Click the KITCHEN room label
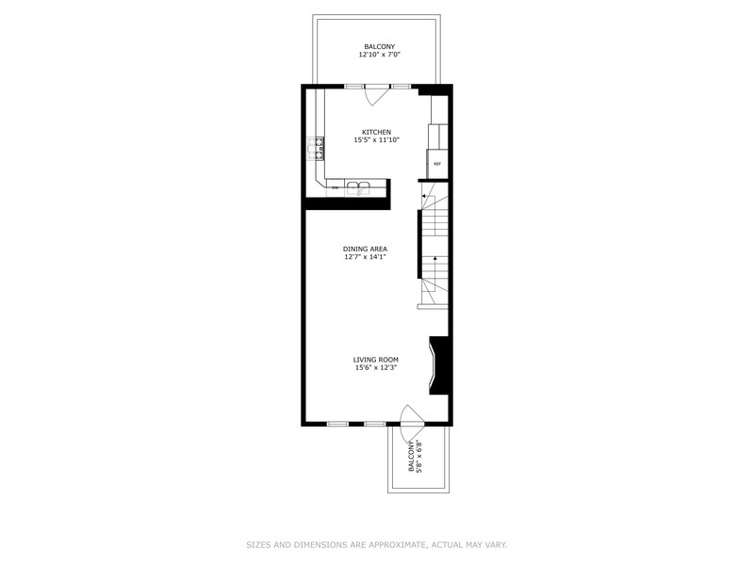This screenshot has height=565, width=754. pos(376,132)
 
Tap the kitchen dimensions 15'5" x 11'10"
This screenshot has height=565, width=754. pos(376,140)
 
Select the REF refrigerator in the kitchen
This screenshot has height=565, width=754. pos(437,164)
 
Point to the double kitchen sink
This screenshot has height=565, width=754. pos(358,187)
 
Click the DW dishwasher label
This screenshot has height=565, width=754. pos(336,187)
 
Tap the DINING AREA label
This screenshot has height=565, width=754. pos(365,249)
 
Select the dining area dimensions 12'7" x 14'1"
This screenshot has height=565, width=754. pos(365,257)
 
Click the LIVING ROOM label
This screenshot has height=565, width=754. pos(375,360)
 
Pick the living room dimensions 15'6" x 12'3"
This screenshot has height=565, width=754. pos(375,367)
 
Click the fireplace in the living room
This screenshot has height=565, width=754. pos(438,365)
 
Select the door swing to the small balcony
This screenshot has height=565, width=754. pos(411,415)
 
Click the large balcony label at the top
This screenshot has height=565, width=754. pos(380,46)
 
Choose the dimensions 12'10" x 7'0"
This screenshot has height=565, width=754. pos(380,55)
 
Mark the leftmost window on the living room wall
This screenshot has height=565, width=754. pos(337,424)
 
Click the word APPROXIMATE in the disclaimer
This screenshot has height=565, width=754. pos(396,545)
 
